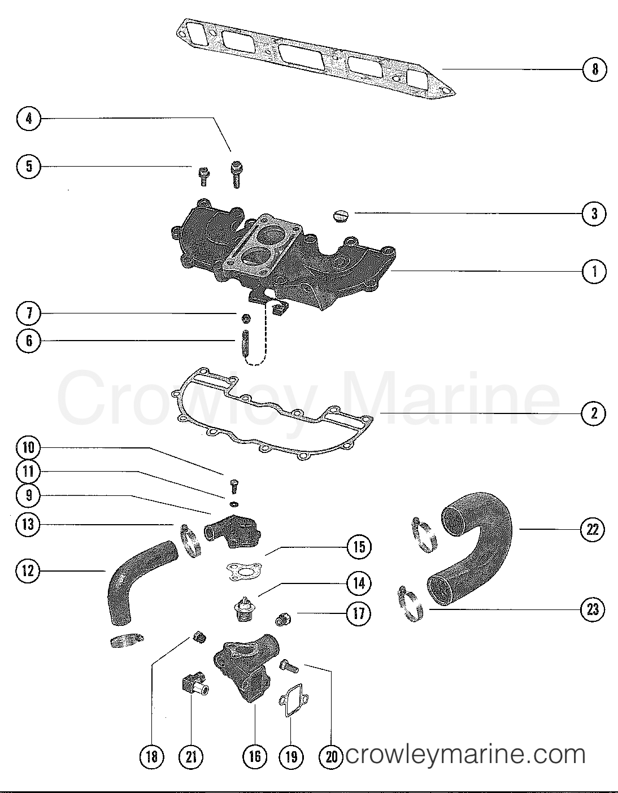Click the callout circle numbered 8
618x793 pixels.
click(x=594, y=69)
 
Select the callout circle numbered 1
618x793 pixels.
click(x=594, y=272)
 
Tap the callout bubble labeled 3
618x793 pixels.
click(x=594, y=213)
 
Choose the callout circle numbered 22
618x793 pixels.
click(x=593, y=529)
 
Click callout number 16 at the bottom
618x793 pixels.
click(x=255, y=756)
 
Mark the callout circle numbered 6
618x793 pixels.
click(x=28, y=341)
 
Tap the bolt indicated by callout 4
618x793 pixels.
click(x=236, y=173)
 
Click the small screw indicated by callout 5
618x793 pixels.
click(x=203, y=177)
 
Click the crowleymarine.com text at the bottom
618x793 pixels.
click(x=464, y=755)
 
